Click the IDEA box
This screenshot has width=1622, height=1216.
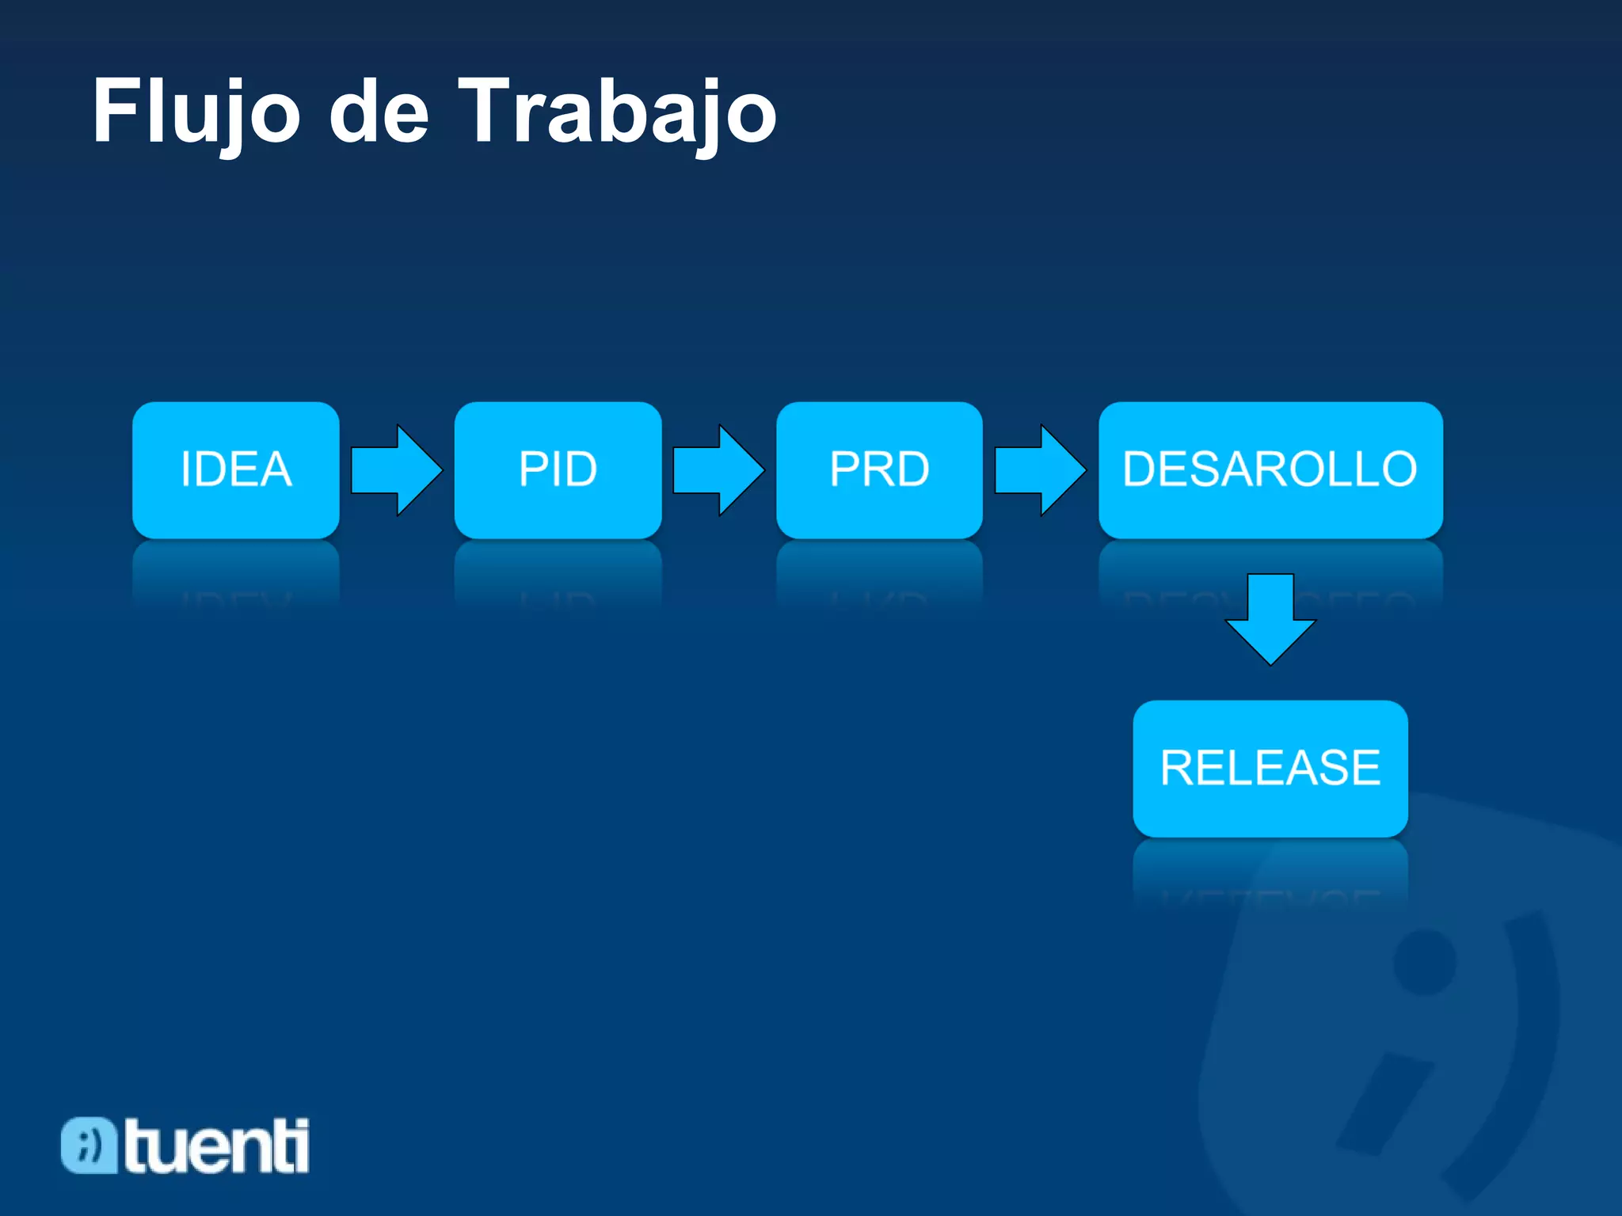[x=236, y=469]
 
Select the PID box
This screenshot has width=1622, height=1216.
[x=558, y=469]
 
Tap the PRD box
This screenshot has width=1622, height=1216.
[x=879, y=469]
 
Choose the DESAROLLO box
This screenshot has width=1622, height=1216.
[x=1270, y=469]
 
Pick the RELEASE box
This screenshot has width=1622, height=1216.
[x=1270, y=768]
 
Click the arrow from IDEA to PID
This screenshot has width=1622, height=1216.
[x=395, y=470]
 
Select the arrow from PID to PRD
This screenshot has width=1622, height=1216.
[x=718, y=470]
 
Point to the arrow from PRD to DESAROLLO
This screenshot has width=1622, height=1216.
[x=1039, y=470]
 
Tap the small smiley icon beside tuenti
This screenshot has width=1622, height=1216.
[x=88, y=1145]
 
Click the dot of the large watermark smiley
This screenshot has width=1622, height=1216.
[x=1424, y=961]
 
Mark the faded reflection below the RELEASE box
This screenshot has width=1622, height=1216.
[x=1270, y=871]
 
